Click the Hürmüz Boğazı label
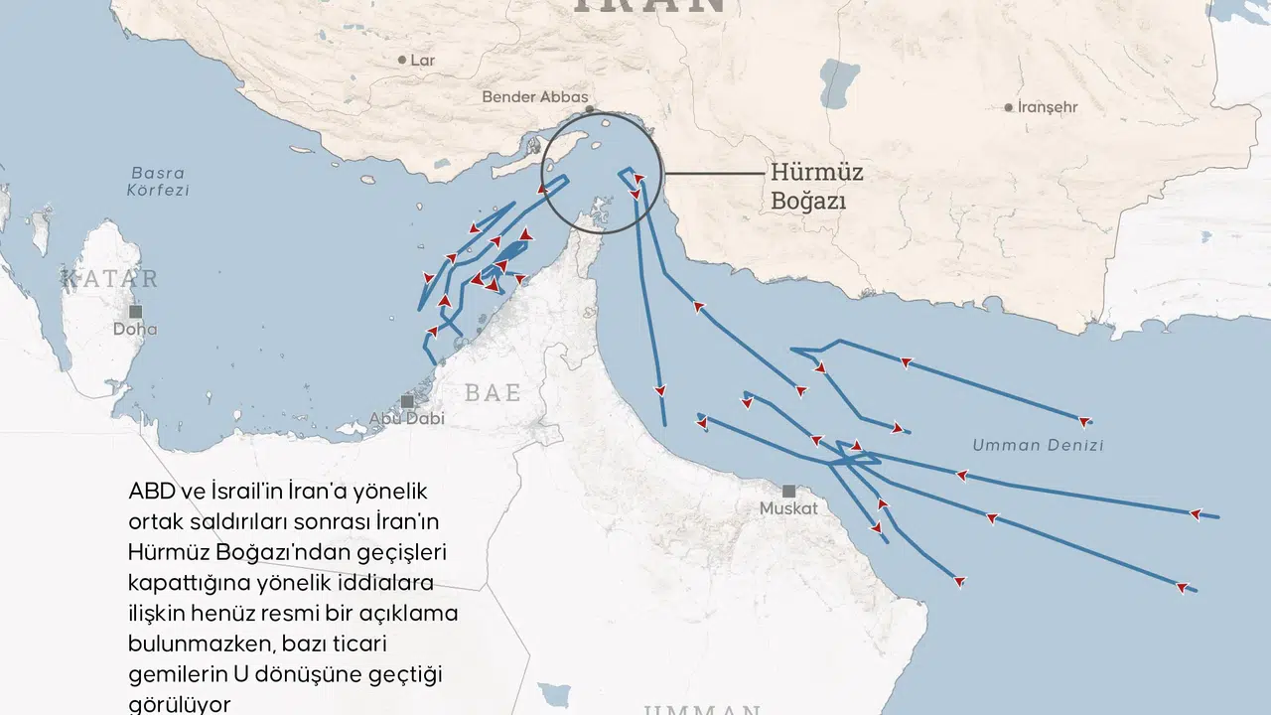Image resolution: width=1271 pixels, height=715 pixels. point(816,187)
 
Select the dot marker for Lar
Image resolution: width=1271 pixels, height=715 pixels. point(402,61)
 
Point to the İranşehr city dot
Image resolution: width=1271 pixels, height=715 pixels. point(1009,107)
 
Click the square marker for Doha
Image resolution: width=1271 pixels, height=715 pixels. point(135,312)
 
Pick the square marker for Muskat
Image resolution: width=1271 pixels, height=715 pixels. point(788,491)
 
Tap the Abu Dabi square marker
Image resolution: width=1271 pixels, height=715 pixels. point(407,401)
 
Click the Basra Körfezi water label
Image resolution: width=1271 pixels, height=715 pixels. point(159,181)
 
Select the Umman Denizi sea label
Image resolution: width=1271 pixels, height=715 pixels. point(1038,445)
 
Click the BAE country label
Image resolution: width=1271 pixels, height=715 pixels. point(493,393)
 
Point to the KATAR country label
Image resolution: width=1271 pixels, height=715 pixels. point(110,279)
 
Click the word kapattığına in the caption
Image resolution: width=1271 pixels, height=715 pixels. point(184,582)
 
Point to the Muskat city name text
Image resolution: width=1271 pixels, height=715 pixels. point(788,508)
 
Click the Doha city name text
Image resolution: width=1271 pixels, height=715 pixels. point(135,330)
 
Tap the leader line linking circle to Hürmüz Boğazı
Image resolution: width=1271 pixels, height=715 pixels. point(715,174)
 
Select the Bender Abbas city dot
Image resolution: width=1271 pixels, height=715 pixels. point(590,109)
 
